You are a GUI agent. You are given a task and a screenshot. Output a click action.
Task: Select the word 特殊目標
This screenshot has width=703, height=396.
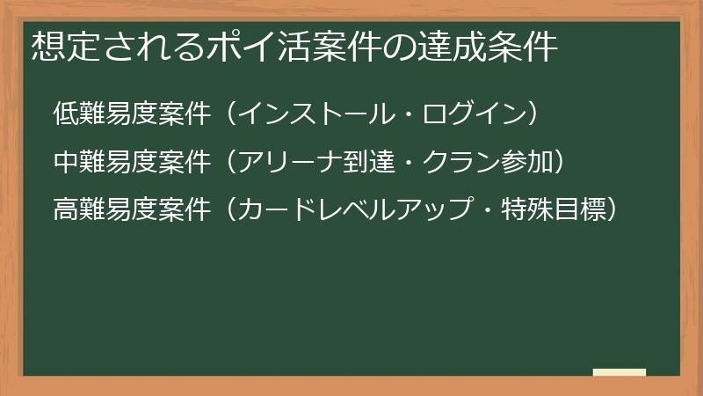click(550, 210)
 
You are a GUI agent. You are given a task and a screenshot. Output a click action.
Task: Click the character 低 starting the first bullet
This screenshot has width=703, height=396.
click(64, 114)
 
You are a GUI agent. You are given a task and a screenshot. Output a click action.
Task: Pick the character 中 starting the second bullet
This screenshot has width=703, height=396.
click(64, 162)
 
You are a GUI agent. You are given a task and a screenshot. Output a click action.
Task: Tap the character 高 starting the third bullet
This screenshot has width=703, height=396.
click(64, 210)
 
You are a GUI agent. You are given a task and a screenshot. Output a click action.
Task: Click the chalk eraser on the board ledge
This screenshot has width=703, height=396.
click(619, 373)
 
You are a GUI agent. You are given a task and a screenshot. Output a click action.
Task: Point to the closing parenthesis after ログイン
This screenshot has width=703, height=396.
click(525, 114)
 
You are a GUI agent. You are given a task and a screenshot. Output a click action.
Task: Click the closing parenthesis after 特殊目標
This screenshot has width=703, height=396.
click(607, 210)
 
